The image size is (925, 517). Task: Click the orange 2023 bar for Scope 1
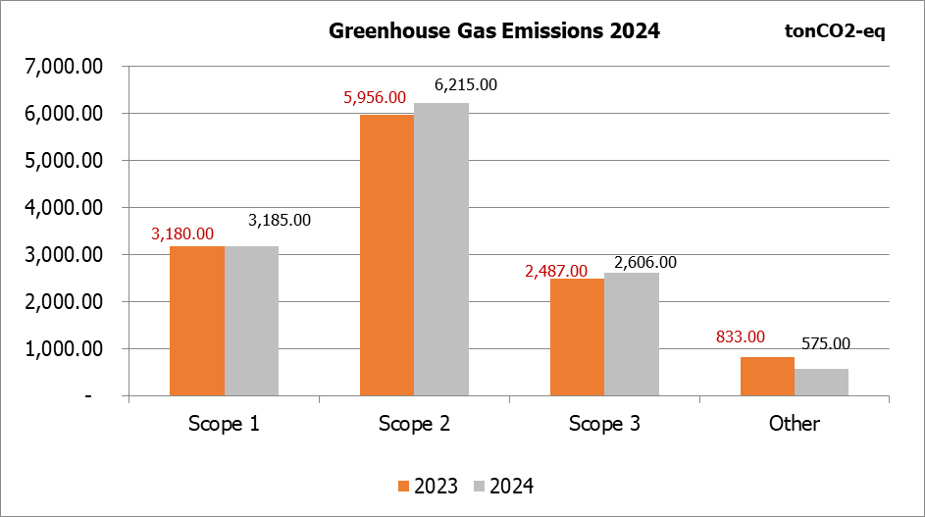pyautogui.click(x=197, y=321)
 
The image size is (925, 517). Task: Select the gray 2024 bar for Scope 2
pyautogui.click(x=440, y=249)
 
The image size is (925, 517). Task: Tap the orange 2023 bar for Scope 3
pyautogui.click(x=577, y=336)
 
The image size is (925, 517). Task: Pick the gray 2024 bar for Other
pyautogui.click(x=821, y=382)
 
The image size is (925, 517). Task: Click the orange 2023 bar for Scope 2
pyautogui.click(x=386, y=255)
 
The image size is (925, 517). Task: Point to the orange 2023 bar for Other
pyautogui.click(x=767, y=376)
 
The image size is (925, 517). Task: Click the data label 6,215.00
pyautogui.click(x=465, y=84)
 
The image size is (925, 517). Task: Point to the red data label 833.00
pyautogui.click(x=739, y=336)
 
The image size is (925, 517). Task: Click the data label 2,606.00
pyautogui.click(x=644, y=263)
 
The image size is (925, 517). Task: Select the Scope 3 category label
pyautogui.click(x=603, y=425)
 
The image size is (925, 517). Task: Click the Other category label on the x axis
pyautogui.click(x=794, y=425)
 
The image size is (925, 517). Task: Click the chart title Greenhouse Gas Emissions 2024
pyautogui.click(x=494, y=31)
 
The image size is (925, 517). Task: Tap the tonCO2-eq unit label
pyautogui.click(x=836, y=31)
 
